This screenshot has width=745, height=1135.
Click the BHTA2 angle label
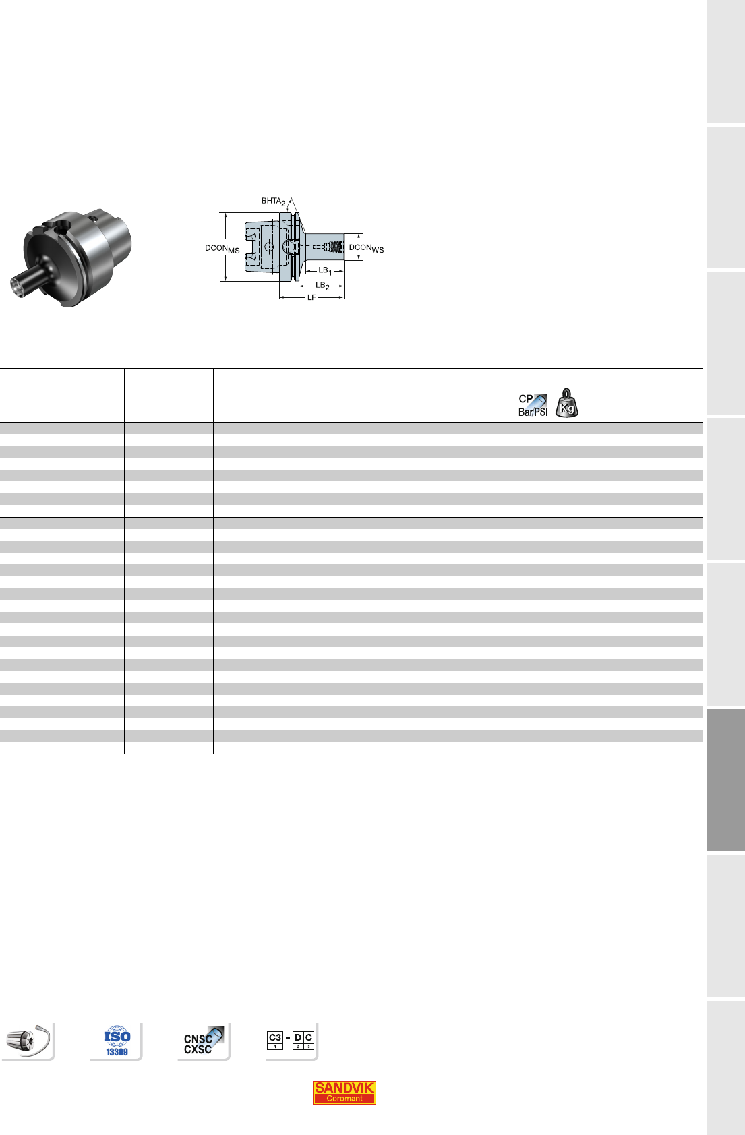[273, 201]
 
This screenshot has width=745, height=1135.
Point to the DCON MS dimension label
[222, 249]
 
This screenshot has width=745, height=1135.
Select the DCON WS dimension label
[366, 248]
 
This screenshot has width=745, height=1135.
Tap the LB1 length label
[325, 270]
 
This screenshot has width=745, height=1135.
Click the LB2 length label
[322, 286]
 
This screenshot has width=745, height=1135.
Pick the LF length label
[311, 297]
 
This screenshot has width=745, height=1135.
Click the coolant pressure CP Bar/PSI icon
[533, 405]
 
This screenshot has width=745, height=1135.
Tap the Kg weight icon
[567, 403]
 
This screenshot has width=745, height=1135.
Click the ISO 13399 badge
[117, 1041]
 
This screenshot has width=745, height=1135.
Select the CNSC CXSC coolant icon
[203, 1041]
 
